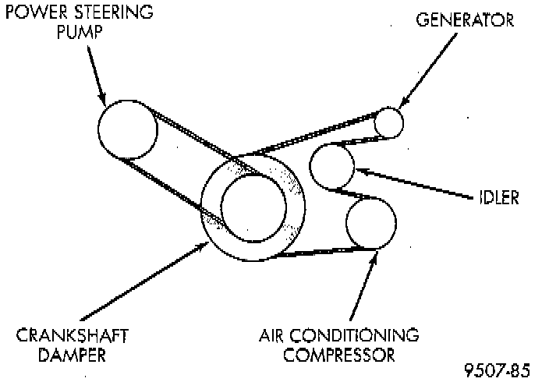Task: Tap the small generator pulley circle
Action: point(388,122)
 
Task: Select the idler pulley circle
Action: point(332,166)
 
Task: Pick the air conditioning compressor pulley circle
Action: point(370,224)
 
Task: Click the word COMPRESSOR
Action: point(338,355)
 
